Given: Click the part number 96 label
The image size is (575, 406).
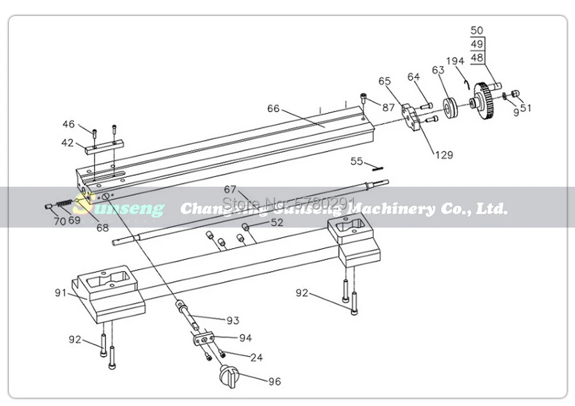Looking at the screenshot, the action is tap(274, 382).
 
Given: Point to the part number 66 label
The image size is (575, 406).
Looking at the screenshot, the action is tap(273, 109).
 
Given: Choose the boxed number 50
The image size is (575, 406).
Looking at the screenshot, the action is tap(477, 30).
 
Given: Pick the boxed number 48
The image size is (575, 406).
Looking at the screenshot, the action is tap(477, 58).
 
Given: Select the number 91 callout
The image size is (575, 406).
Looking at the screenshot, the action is tap(61, 293).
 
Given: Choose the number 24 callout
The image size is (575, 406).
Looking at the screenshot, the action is tap(256, 357).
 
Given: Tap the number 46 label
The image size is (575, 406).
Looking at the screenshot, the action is tap(68, 124).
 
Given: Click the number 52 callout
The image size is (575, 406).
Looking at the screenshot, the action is tap(277, 223).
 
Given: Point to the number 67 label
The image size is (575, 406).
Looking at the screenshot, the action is tap(230, 190).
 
